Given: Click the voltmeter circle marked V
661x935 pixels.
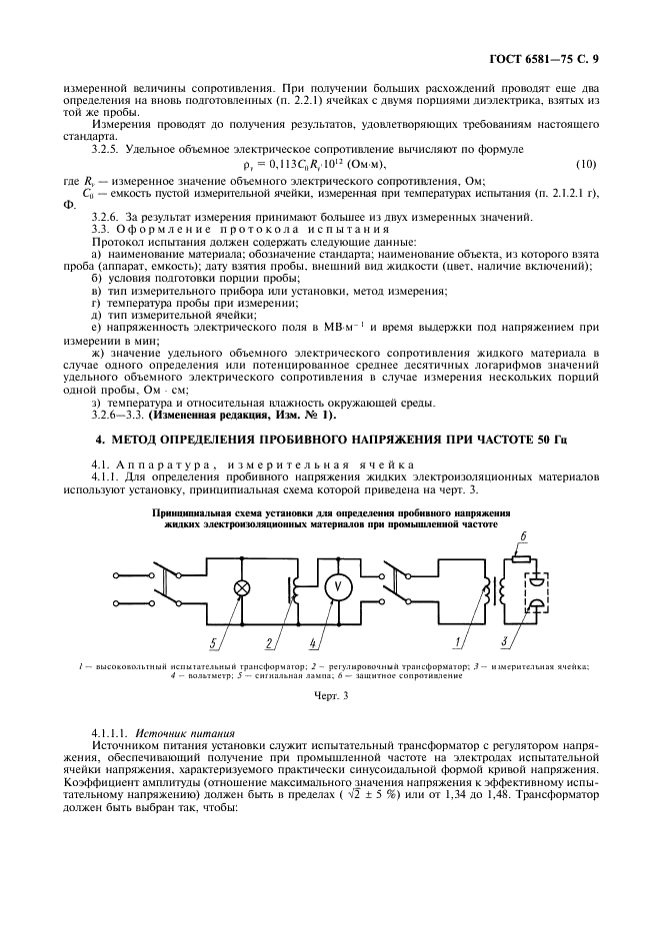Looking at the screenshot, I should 336,587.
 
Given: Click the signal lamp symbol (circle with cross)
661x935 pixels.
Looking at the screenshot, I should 241,587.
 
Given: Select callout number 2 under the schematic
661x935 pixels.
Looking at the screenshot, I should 269,641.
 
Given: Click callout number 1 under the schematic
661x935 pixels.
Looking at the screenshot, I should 459,641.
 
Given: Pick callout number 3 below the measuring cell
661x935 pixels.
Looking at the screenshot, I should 505,641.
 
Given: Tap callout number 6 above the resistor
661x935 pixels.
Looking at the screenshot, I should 521,536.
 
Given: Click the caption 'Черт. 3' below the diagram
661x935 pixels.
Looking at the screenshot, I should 330,696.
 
